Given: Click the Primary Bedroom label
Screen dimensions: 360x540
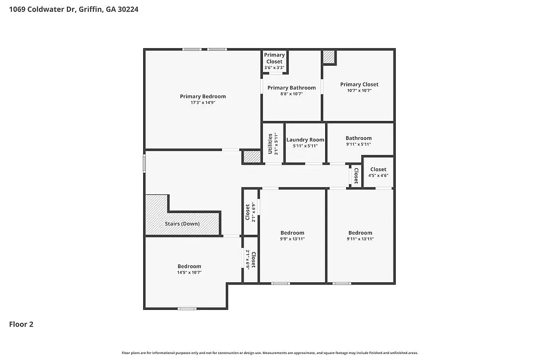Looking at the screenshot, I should click(x=202, y=96).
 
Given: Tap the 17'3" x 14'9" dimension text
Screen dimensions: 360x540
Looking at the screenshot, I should click(x=202, y=103).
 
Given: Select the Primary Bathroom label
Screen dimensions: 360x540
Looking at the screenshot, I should click(x=291, y=87).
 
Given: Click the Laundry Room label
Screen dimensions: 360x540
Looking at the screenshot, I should click(x=305, y=139).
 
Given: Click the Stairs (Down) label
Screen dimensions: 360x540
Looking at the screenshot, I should click(x=182, y=223).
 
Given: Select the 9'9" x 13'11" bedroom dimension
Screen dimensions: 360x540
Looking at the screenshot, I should click(x=292, y=239).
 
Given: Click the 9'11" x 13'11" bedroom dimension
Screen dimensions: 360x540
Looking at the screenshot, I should click(x=360, y=239).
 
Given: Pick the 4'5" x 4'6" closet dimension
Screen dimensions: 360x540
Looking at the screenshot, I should click(x=378, y=175).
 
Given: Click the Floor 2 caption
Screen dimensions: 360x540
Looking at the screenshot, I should click(x=21, y=324).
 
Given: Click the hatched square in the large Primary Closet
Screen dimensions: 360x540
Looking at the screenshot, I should click(x=329, y=57).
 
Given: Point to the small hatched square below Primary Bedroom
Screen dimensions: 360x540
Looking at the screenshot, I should click(x=252, y=157).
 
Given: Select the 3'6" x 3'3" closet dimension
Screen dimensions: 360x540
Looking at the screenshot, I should click(x=274, y=67).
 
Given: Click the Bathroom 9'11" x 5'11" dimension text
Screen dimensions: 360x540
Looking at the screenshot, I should click(x=359, y=145).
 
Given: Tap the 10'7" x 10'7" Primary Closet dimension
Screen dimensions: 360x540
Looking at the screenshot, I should click(x=359, y=91).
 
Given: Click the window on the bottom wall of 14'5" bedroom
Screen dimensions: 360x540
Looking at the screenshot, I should click(x=187, y=309).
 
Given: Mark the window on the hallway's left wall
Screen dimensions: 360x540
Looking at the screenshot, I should click(x=144, y=164).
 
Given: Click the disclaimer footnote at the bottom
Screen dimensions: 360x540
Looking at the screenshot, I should click(x=269, y=352).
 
